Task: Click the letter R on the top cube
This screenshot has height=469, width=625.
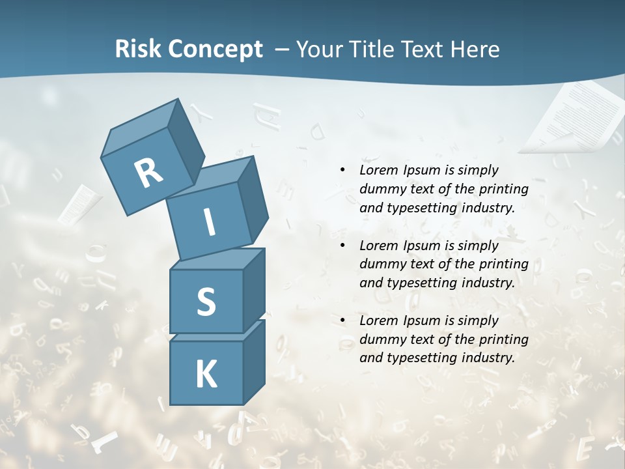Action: point(148,173)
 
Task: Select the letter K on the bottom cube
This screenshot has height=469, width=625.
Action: point(206,375)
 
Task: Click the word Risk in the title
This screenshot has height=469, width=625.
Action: point(138,49)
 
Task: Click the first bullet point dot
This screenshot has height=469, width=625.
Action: point(343,170)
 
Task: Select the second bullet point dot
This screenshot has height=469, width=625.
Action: point(343,246)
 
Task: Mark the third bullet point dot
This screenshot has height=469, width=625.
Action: point(343,320)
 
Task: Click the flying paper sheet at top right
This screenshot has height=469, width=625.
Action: point(573,117)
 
